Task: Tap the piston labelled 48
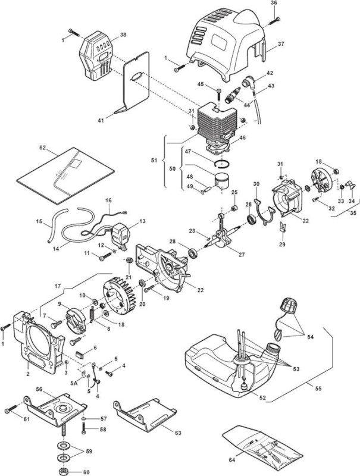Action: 222,181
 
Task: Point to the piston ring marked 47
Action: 223,164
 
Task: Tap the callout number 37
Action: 281,43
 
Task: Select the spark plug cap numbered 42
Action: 249,82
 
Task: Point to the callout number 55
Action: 318,389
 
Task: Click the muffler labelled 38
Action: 96,56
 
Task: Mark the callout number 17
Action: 58,286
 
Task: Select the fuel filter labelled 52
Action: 245,388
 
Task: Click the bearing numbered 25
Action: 234,209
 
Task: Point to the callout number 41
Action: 101,121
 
